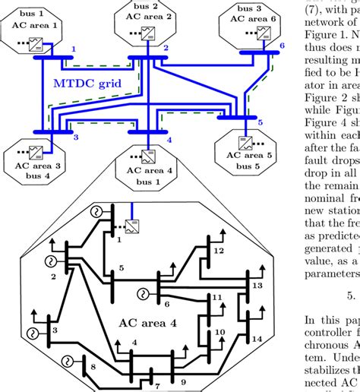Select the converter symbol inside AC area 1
(35, 43)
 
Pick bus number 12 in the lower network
(219, 229)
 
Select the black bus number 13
(257, 285)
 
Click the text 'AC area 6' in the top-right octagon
(261, 18)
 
